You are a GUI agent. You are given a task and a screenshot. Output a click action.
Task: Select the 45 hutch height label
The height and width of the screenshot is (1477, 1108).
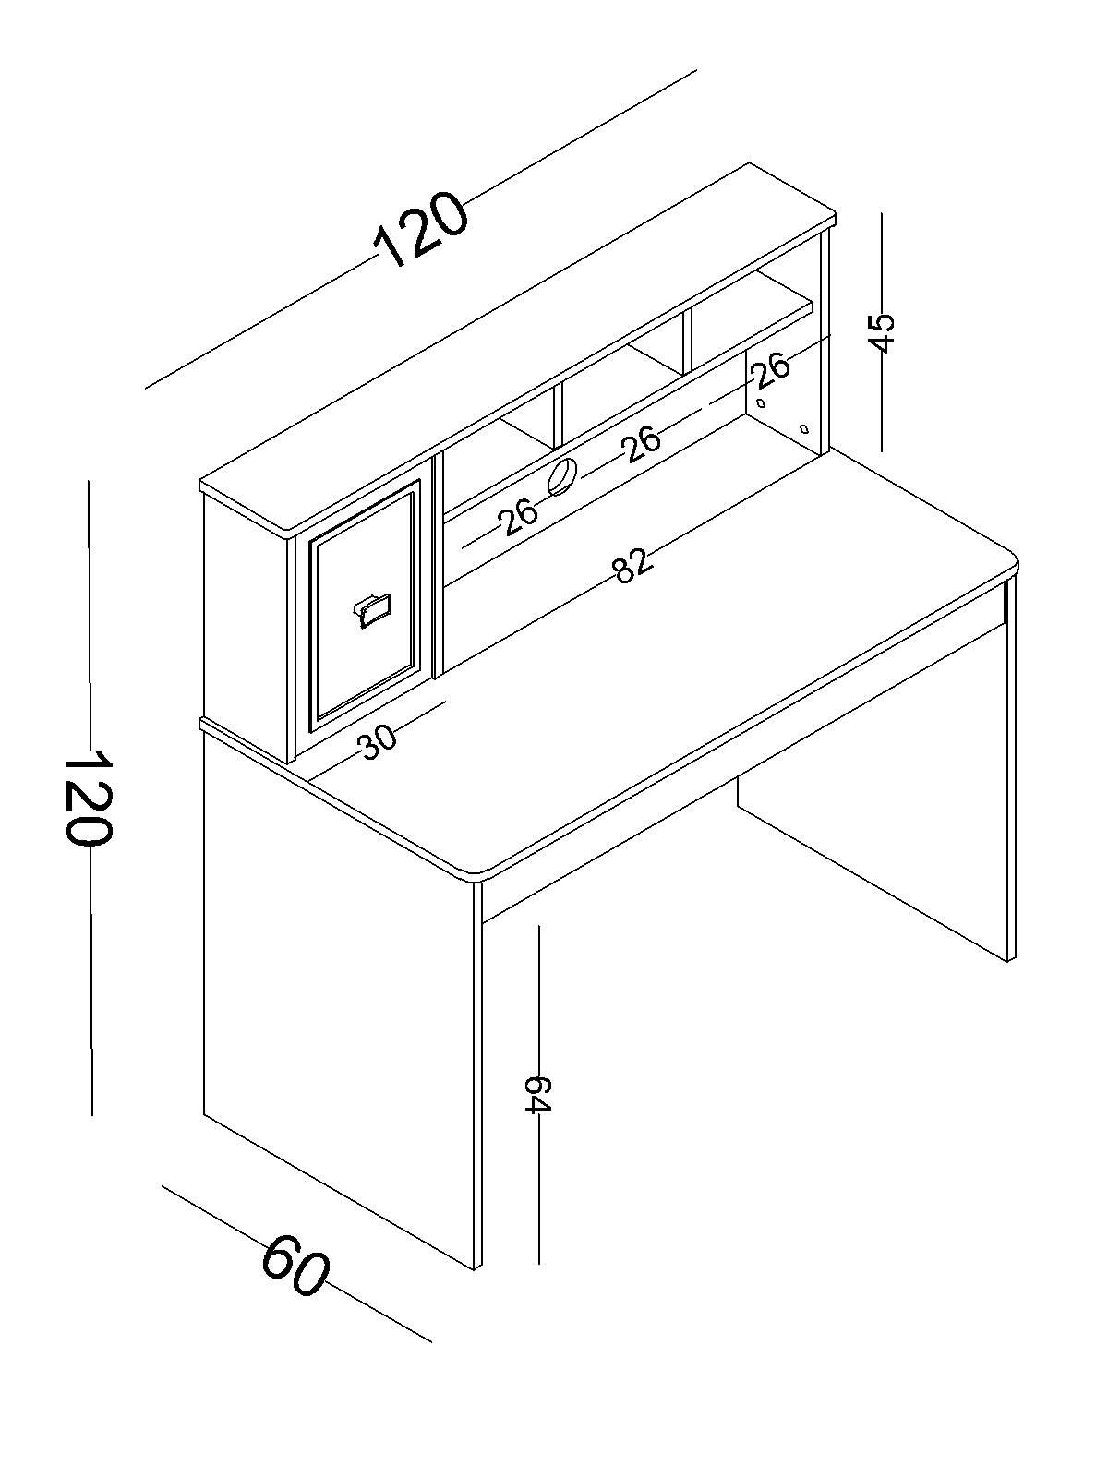[882, 331]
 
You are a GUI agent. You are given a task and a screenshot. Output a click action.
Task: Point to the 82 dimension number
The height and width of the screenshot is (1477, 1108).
[632, 565]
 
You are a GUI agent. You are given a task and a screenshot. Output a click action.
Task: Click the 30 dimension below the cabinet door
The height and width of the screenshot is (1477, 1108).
[378, 741]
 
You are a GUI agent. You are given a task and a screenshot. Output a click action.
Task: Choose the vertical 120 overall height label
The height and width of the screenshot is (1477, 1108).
[88, 800]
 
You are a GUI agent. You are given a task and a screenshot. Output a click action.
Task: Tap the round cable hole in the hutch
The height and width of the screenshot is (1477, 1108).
[562, 476]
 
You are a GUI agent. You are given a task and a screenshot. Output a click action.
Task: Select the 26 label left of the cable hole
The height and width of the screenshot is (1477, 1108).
[518, 516]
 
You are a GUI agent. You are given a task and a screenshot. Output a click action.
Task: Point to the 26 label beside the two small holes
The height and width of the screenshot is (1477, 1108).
[771, 371]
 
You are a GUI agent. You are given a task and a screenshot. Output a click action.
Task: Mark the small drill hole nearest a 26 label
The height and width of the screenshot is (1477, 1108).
[761, 403]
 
